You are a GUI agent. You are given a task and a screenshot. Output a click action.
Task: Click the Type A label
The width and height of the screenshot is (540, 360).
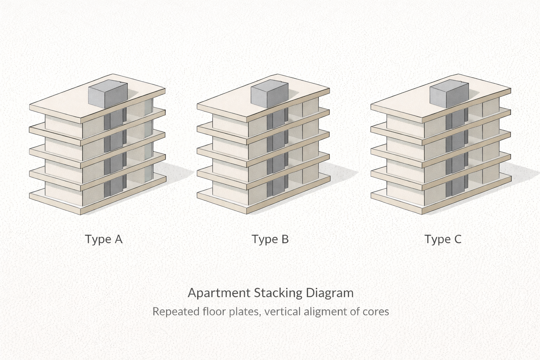point(104,239)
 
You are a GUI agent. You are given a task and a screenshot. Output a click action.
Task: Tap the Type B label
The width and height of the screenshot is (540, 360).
point(270,239)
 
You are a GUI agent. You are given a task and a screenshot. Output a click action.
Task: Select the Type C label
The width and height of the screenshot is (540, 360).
point(443,239)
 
